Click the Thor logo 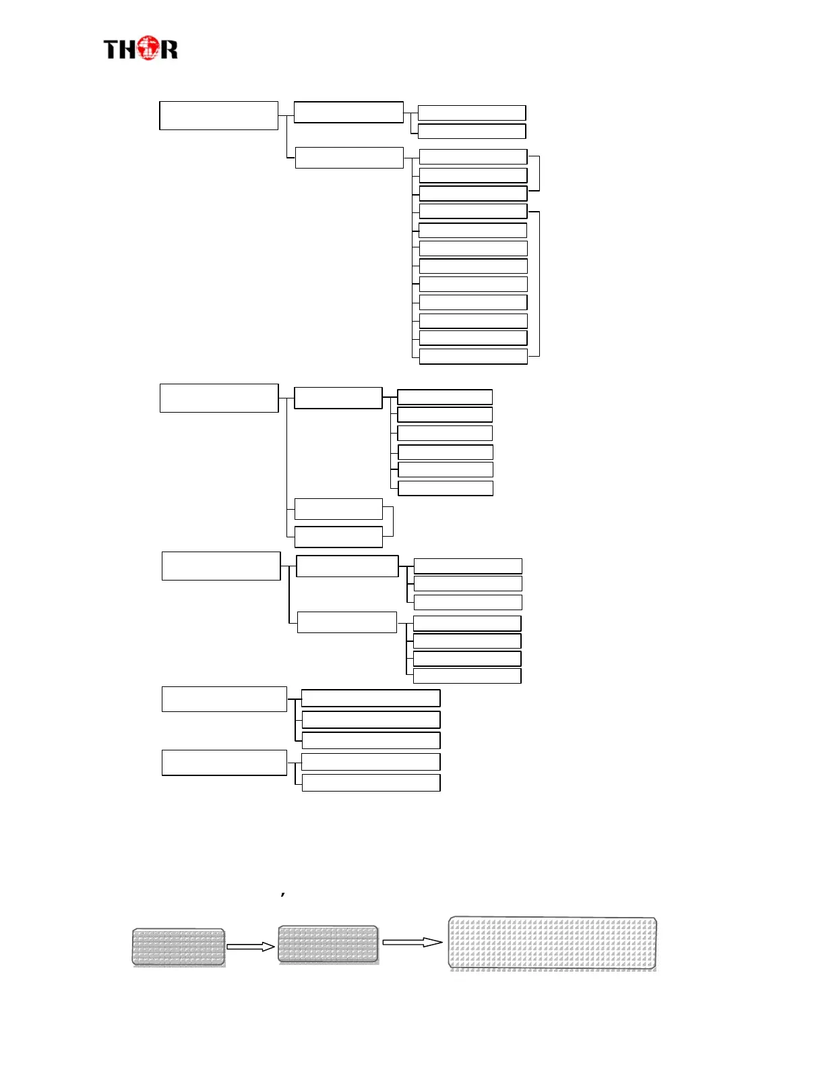point(140,49)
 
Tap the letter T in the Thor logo point(111,50)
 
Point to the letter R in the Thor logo point(169,50)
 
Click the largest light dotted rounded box point(553,943)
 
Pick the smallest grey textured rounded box point(179,947)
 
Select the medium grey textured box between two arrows point(328,944)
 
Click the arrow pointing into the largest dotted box point(413,942)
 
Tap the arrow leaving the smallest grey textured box point(250,947)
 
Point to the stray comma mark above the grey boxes point(283,894)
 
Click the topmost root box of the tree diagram point(218,115)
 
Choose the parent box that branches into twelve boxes point(349,157)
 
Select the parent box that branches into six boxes point(338,398)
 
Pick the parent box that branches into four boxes point(346,622)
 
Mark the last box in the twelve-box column point(473,356)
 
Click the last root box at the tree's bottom point(224,763)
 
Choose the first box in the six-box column point(445,396)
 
